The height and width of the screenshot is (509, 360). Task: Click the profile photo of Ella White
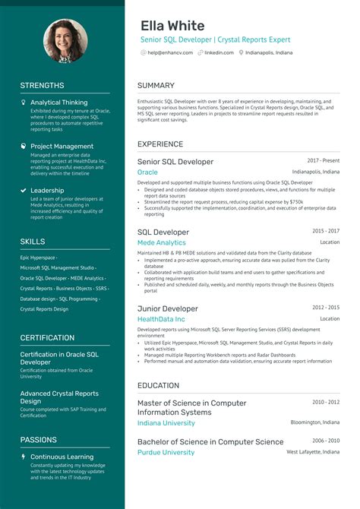pyautogui.click(x=65, y=41)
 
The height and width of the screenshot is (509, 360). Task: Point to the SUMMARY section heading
pyautogui.click(x=156, y=86)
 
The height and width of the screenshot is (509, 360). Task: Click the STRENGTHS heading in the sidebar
pyautogui.click(x=42, y=86)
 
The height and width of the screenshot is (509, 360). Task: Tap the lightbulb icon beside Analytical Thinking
pyautogui.click(x=24, y=102)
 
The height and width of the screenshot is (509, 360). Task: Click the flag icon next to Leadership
pyautogui.click(x=24, y=191)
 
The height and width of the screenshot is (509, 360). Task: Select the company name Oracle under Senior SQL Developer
pyautogui.click(x=147, y=172)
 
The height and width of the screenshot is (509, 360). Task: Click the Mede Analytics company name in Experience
pyautogui.click(x=161, y=243)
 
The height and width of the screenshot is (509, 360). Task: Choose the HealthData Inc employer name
pyautogui.click(x=161, y=320)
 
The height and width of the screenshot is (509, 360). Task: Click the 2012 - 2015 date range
pyautogui.click(x=326, y=308)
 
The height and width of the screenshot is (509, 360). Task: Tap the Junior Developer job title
pyautogui.click(x=167, y=308)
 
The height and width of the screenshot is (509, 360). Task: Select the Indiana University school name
pyautogui.click(x=166, y=422)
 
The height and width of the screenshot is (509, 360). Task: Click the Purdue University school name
pyautogui.click(x=166, y=452)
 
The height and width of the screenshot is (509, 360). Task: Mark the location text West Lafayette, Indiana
pyautogui.click(x=313, y=452)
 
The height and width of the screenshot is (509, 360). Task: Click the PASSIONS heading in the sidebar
pyautogui.click(x=38, y=440)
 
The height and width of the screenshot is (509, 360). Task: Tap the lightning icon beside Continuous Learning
pyautogui.click(x=24, y=457)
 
